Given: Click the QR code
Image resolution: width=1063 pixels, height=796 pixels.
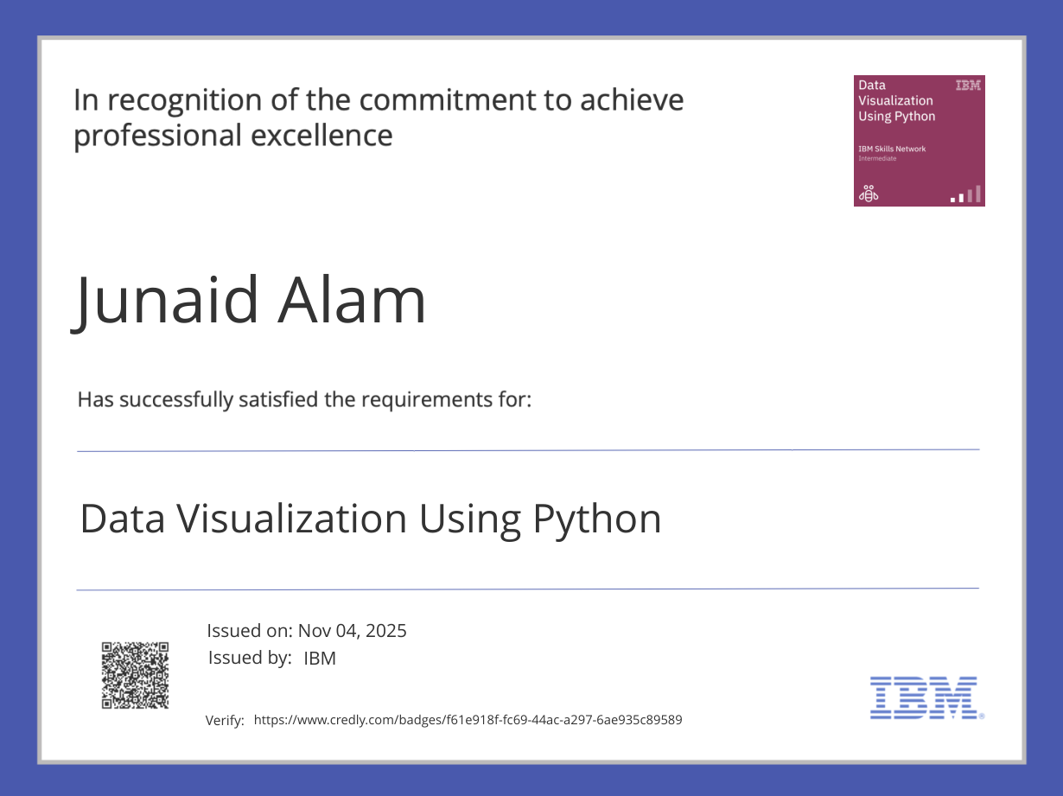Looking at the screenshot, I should tap(136, 675).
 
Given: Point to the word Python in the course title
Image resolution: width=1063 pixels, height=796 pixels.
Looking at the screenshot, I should tap(597, 519).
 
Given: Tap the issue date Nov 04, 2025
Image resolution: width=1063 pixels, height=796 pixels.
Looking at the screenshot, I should tap(353, 631).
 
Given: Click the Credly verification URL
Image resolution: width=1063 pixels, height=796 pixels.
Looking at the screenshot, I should tap(468, 720).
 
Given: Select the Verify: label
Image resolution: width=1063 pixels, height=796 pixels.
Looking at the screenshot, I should tap(225, 721).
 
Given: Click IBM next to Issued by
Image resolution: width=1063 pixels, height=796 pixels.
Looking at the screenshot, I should tap(320, 659).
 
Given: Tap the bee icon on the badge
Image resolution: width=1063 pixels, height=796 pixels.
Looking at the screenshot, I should tap(868, 194).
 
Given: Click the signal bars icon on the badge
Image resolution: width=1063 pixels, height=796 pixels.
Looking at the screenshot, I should tap(966, 194).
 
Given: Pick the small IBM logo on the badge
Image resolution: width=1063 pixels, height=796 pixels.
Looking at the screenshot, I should tap(967, 86).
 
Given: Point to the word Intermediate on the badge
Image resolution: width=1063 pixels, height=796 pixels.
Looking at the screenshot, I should tap(877, 159).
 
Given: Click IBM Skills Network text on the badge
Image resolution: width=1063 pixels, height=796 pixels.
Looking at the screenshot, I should tap(892, 149).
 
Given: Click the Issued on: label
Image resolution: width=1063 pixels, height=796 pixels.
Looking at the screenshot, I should tap(250, 631).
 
